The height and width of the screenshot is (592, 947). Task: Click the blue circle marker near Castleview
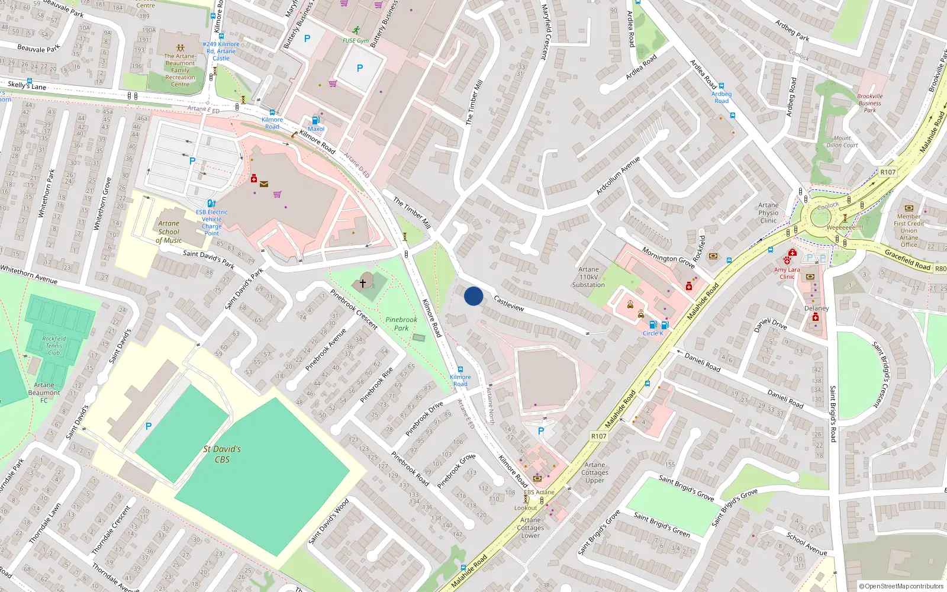coord(474,296)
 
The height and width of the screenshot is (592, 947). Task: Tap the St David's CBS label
coord(222,454)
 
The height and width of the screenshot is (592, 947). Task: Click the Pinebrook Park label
coord(401,324)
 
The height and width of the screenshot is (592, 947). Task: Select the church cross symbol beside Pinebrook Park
coord(363,284)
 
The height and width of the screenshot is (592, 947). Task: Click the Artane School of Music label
coord(169,232)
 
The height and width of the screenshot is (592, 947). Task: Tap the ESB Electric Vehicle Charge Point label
coord(211,223)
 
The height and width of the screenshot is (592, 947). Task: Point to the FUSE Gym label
coord(355,41)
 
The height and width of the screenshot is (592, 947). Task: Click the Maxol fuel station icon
coord(316,120)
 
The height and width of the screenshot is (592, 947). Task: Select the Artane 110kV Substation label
coord(588,277)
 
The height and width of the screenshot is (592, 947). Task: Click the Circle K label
coord(653,333)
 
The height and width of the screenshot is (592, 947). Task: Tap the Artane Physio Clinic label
coord(768,213)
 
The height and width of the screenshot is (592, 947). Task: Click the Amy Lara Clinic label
coord(787,273)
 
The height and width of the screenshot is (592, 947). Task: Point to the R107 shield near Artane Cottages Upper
coord(598,436)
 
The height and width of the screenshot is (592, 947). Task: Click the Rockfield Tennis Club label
coord(54,346)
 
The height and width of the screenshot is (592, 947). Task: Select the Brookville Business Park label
coord(869,103)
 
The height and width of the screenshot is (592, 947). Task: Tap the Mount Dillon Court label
coord(842,141)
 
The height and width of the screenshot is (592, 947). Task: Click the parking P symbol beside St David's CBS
coord(149,426)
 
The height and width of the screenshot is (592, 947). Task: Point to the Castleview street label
coord(509,303)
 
